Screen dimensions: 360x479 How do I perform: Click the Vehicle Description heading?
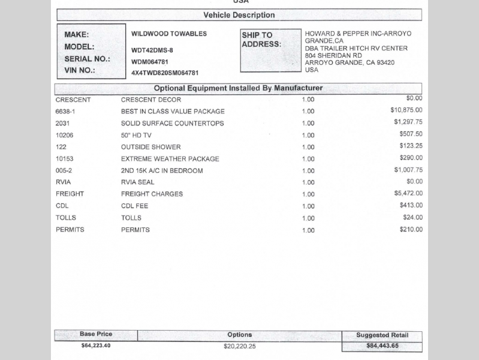(239, 15)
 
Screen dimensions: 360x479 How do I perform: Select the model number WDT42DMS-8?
(152, 50)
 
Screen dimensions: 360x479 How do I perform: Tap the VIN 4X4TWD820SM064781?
(164, 73)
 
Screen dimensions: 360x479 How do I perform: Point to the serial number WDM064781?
(150, 62)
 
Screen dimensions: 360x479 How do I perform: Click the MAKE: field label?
(76, 35)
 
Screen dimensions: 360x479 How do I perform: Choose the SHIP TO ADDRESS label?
(261, 40)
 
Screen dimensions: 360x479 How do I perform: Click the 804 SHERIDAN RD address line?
(333, 55)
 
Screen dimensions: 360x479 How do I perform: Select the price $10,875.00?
(406, 110)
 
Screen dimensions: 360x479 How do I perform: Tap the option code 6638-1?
(65, 111)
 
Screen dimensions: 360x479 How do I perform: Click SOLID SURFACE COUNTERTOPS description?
(172, 123)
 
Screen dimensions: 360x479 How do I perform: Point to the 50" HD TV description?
(136, 135)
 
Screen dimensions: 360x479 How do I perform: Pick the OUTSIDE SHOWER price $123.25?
(411, 146)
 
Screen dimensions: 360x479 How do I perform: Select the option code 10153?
(64, 159)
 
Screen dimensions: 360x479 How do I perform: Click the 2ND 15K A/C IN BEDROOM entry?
(162, 170)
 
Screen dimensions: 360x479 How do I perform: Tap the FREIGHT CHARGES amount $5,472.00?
(408, 193)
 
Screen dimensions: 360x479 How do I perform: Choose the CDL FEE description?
(134, 206)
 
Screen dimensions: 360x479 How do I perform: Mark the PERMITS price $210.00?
(411, 229)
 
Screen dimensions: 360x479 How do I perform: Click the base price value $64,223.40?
(96, 346)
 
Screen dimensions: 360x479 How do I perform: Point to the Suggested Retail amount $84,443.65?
(382, 346)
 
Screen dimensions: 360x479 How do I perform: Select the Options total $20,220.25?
(240, 346)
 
